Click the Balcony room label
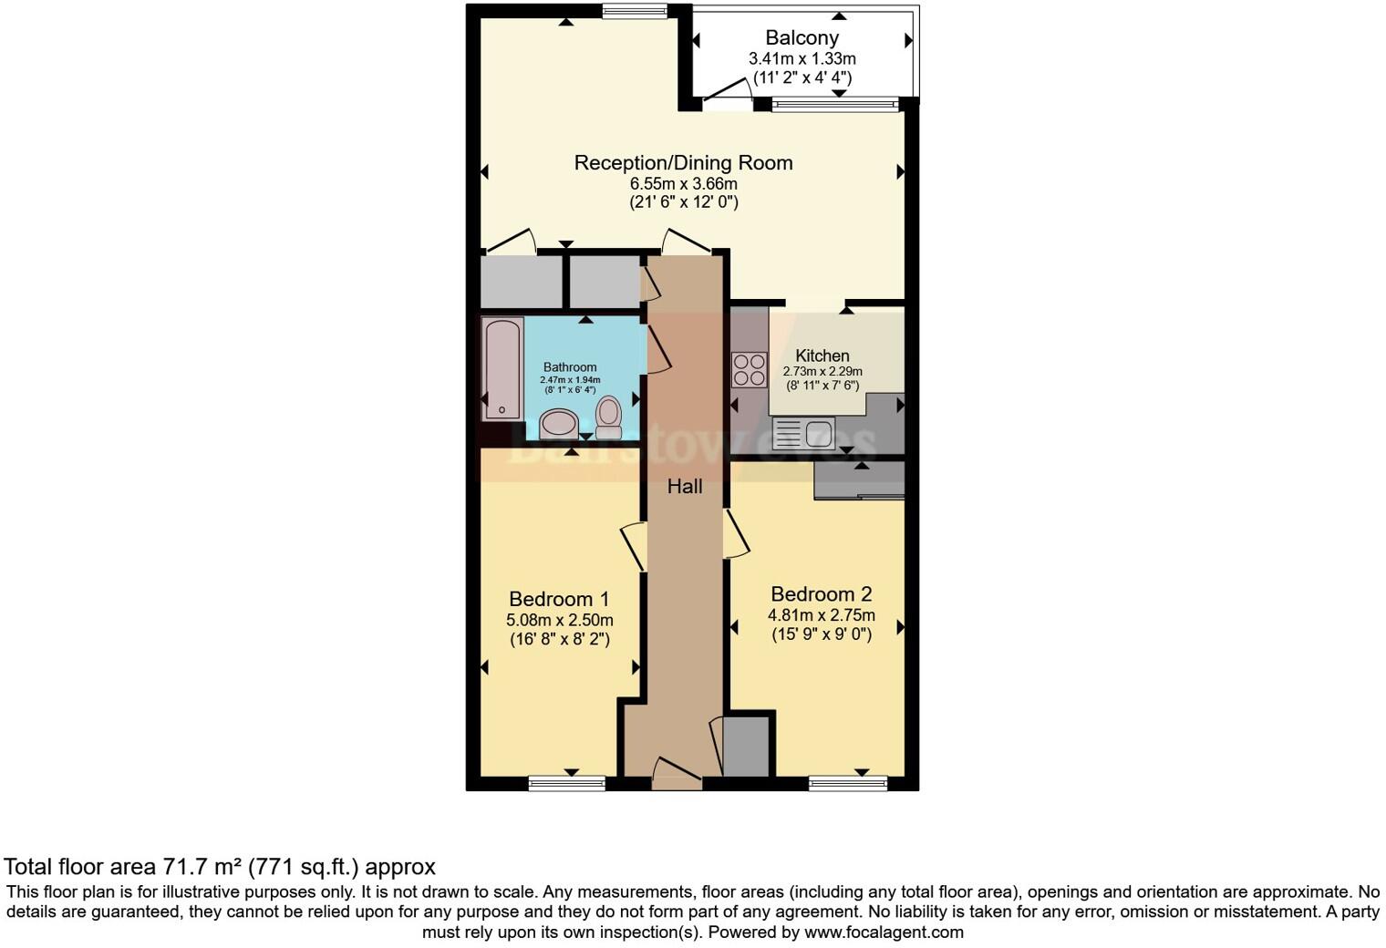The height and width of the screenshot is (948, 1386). (x=802, y=37)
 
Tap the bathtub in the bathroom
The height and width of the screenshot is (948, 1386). (x=502, y=368)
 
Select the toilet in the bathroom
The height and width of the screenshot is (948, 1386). (x=608, y=416)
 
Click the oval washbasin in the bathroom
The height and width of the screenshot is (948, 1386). (x=559, y=424)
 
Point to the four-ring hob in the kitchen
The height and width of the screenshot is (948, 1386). (x=750, y=369)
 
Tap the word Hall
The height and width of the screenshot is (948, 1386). (x=685, y=487)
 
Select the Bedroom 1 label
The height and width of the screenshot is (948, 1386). (x=559, y=599)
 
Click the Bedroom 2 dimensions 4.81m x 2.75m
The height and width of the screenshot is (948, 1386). (x=820, y=614)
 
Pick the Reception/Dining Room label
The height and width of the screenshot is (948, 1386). (x=683, y=162)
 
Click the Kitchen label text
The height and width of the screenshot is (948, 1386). (x=822, y=355)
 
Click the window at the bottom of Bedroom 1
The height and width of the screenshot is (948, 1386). (x=567, y=783)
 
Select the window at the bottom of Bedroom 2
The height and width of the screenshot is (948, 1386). (x=847, y=783)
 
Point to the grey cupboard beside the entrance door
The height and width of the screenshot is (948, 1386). (x=746, y=746)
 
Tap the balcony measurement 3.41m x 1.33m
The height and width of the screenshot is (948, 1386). (x=802, y=58)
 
